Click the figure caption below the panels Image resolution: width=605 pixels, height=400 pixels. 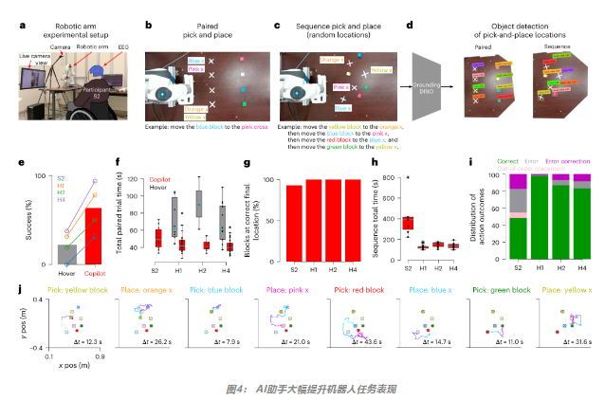301,387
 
